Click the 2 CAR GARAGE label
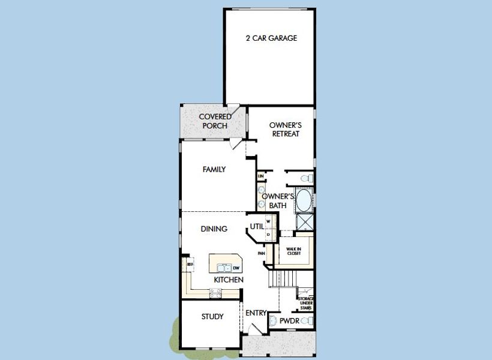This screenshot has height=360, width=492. click(x=271, y=38)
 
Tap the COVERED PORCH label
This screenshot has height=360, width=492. click(x=215, y=121)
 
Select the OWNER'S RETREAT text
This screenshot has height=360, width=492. click(x=285, y=130)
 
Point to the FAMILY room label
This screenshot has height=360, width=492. click(x=214, y=170)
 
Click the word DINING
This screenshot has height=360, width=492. click(x=214, y=229)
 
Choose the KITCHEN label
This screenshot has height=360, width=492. click(x=229, y=280)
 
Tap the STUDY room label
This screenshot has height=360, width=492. click(x=212, y=317)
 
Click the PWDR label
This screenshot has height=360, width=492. click(x=289, y=322)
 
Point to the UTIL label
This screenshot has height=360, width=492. click(x=257, y=227)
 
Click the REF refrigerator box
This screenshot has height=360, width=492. click(x=190, y=264)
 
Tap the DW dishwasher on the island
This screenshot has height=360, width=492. click(x=236, y=268)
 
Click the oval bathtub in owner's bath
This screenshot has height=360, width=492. click(x=304, y=200)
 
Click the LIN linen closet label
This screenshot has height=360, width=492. click(x=261, y=176)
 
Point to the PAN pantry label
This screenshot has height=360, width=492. click(x=262, y=253)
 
